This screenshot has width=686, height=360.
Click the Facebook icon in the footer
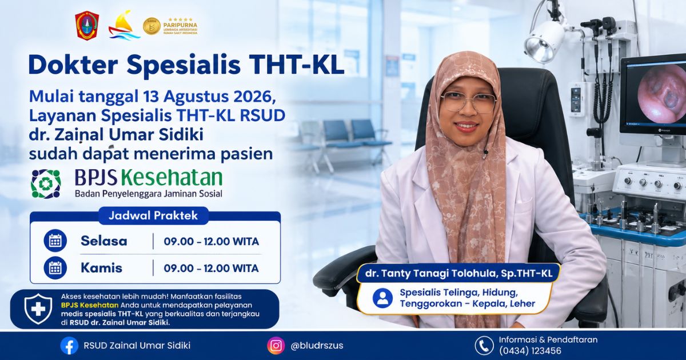pyautogui.click(x=69, y=346)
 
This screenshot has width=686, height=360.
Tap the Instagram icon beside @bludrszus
pyautogui.click(x=276, y=346)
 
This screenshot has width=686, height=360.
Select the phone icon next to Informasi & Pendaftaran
pyautogui.click(x=484, y=346)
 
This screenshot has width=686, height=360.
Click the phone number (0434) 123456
pyautogui.click(x=530, y=351)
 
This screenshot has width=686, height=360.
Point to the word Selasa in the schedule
pyautogui.click(x=104, y=241)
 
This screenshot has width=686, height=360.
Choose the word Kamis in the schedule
pyautogui.click(x=101, y=268)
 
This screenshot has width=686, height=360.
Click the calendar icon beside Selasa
pyautogui.click(x=55, y=241)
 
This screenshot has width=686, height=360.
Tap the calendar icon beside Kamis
pyautogui.click(x=55, y=268)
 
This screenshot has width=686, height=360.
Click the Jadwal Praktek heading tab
pyautogui.click(x=153, y=216)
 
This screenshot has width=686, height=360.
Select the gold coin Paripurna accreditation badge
pyautogui.click(x=151, y=26)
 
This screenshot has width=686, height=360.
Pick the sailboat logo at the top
pyautogui.click(x=123, y=25)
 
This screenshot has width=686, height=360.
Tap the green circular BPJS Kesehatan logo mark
pyautogui.click(x=46, y=183)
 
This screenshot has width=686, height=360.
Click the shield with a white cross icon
pyautogui.click(x=38, y=309)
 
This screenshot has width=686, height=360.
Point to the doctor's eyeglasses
pyautogui.click(x=469, y=102)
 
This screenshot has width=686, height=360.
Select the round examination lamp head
pyautogui.click(x=544, y=42)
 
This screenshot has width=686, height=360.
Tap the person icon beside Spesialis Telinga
pyautogui.click(x=382, y=298)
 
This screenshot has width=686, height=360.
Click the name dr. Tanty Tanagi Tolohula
pyautogui.click(x=430, y=273)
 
